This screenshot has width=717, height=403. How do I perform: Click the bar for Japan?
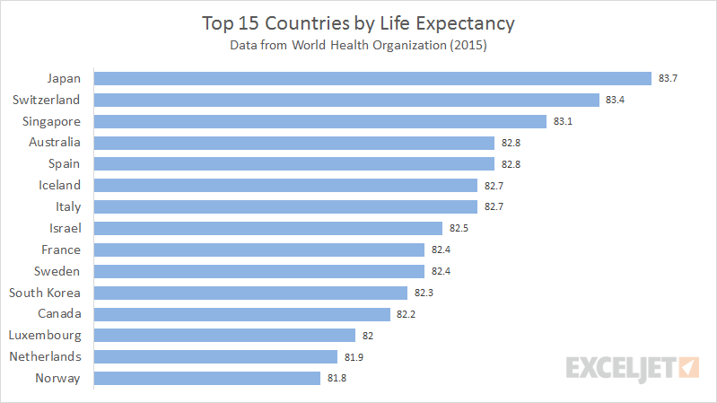point(372,78)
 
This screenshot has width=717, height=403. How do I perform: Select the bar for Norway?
point(206,379)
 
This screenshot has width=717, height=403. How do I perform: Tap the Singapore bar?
point(320,121)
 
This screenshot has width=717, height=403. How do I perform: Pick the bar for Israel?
point(268,229)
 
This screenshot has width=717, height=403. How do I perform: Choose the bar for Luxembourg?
point(224,336)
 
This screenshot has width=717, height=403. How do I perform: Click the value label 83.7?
point(668,78)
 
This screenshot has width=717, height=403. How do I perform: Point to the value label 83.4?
point(615,100)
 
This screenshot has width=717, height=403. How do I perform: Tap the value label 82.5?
point(459,229)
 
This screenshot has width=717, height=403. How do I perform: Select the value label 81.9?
point(354,357)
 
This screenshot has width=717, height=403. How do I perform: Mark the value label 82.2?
point(406,314)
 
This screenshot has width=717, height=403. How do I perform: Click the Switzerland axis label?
point(47,100)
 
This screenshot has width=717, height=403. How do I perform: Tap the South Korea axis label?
point(45,293)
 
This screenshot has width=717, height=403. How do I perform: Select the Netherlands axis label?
point(45,357)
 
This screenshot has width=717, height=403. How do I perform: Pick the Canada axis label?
point(59,314)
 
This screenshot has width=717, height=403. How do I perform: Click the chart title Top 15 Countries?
point(358,21)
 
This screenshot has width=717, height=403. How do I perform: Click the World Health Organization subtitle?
point(358,44)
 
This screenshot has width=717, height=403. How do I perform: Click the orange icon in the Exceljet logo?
point(688,367)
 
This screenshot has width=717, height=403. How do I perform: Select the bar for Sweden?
point(259,271)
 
